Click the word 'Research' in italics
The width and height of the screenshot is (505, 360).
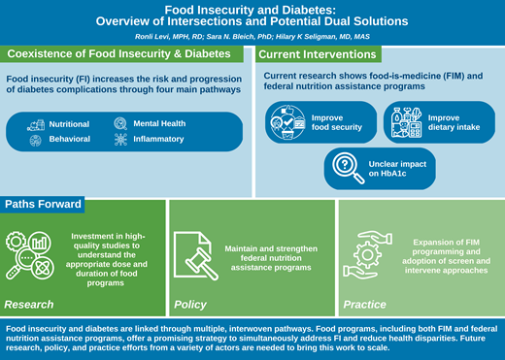coord(29,305)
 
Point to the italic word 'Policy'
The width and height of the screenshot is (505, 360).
coord(190,305)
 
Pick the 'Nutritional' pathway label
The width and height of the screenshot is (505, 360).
coord(70,124)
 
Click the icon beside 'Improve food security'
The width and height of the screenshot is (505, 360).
coord(288,123)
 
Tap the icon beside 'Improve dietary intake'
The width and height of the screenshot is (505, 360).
coord(403,123)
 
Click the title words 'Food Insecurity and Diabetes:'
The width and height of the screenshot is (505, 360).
coord(252,9)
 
